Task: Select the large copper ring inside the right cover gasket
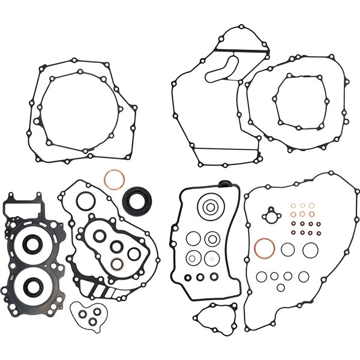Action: (265, 247)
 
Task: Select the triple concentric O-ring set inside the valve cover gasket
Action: (210, 208)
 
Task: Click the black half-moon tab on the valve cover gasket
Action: (225, 184)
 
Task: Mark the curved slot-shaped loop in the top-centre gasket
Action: (223, 68)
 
